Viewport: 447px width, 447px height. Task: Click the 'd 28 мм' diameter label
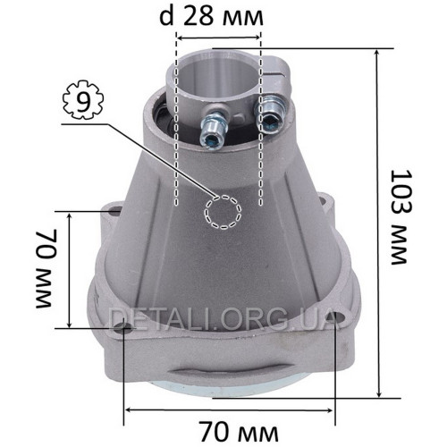(x=211, y=16)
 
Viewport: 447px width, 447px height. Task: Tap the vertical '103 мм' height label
(x=401, y=216)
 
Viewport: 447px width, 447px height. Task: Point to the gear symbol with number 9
(x=83, y=100)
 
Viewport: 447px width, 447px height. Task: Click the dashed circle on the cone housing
(x=223, y=213)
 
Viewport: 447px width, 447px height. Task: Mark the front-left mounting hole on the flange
(x=123, y=328)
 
